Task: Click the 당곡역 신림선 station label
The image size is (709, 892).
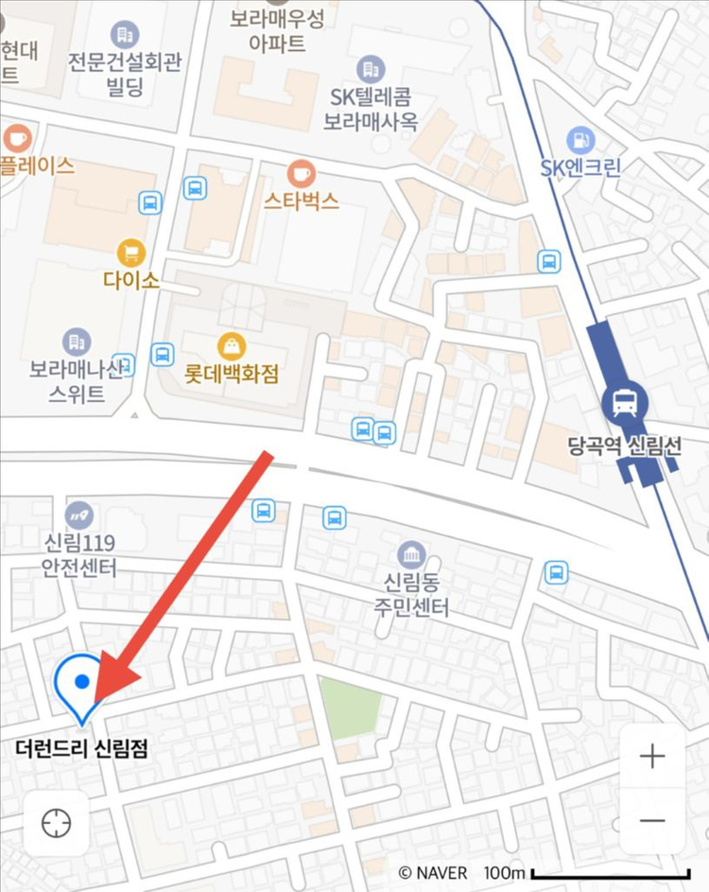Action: [x=624, y=447]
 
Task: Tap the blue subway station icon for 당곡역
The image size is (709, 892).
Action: [x=624, y=403]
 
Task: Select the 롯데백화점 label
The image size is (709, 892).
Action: [x=232, y=374]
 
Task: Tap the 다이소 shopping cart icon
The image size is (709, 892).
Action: [x=131, y=253]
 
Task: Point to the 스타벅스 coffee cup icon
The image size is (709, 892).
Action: [x=301, y=173]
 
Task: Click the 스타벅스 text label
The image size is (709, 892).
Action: [x=301, y=201]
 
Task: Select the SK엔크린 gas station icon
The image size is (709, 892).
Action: [x=580, y=140]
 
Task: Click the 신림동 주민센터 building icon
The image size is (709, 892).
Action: [x=410, y=553]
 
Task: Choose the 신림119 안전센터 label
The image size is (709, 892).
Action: [x=79, y=556]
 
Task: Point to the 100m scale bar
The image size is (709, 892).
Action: [x=611, y=873]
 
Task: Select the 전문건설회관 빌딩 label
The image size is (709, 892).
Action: [x=124, y=74]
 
